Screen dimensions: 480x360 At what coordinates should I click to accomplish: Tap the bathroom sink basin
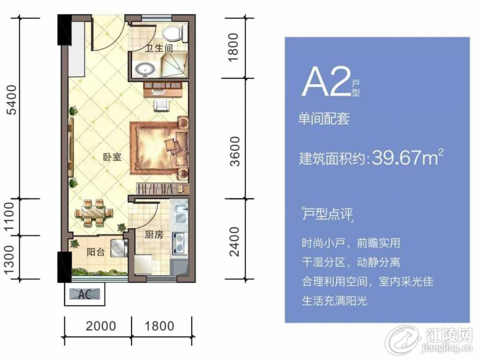(145, 69)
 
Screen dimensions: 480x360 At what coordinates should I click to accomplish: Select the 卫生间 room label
(158, 48)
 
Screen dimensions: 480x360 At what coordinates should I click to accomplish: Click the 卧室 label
(112, 157)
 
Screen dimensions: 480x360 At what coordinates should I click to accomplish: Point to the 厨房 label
(154, 235)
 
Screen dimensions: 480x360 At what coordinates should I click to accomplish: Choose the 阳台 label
(96, 252)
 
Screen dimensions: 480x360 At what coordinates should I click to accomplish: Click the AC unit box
(84, 294)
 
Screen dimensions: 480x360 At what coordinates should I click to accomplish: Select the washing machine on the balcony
(120, 247)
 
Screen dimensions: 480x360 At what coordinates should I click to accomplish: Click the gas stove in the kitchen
(180, 243)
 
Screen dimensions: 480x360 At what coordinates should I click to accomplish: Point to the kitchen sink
(181, 213)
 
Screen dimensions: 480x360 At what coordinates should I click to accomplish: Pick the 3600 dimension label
(235, 151)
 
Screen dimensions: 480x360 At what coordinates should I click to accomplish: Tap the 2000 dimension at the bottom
(101, 326)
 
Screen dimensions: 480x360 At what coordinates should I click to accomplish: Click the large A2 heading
(326, 82)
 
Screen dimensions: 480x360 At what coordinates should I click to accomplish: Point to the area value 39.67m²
(408, 157)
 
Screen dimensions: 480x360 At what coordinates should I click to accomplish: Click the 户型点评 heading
(327, 214)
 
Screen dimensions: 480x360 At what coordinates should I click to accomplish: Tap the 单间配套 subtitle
(324, 119)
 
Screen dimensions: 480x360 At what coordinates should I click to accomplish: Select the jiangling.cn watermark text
(446, 348)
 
